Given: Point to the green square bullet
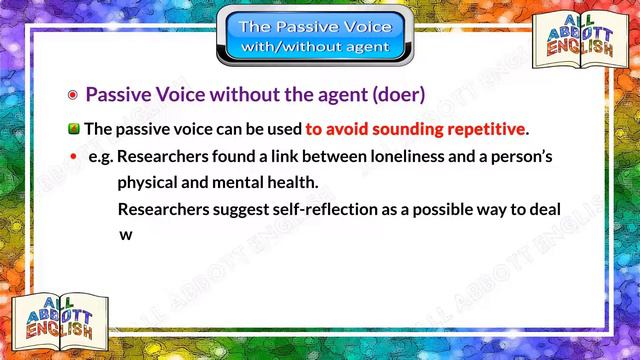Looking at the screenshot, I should pos(74,129).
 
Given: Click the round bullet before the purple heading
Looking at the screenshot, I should pos(72,96).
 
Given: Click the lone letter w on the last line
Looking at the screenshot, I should pos(126,236).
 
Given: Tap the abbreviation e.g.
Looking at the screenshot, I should pos(100,158).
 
